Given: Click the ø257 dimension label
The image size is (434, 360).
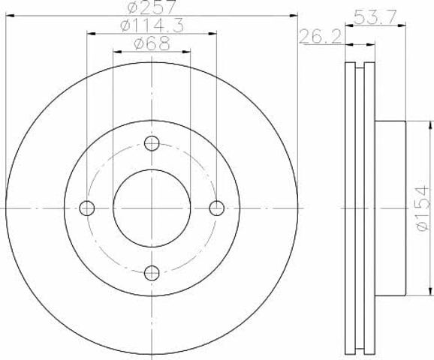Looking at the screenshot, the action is click(x=152, y=7).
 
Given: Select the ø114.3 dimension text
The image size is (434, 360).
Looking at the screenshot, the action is click(x=152, y=25).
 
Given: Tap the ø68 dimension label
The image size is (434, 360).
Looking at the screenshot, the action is click(x=152, y=43).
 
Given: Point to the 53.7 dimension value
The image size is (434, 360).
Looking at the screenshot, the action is click(x=375, y=17).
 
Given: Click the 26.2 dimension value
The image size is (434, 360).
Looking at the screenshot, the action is click(x=321, y=37).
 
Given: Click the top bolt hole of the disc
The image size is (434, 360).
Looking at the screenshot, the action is click(x=152, y=143).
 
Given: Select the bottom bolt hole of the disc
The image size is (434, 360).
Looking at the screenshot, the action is click(x=152, y=273).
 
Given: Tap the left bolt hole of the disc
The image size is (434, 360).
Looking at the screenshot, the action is click(x=87, y=208).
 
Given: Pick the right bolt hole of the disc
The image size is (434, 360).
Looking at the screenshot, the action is click(x=217, y=208).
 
